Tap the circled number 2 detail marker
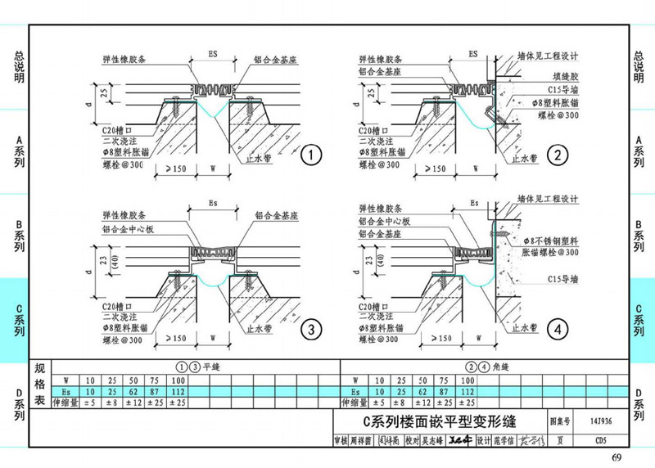558,155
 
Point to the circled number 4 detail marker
558,330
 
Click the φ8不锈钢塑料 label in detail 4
550,241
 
